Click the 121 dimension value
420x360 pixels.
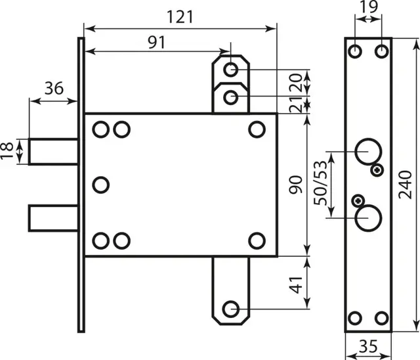180,16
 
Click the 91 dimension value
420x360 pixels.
157,42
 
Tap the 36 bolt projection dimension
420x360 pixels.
54,88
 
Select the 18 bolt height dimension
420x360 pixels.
7,150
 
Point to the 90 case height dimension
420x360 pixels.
296,185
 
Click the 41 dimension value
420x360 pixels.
296,285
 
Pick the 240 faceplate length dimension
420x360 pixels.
405,185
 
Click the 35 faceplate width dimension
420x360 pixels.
368,346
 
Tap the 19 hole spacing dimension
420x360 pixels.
368,7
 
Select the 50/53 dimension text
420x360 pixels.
321,183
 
